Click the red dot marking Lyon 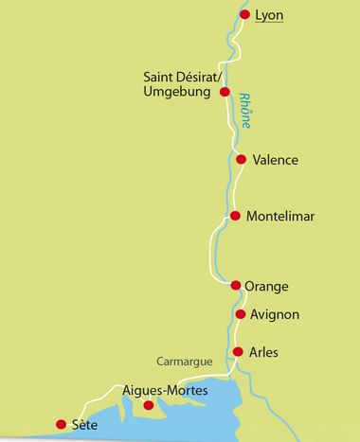coord(244,15)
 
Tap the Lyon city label coord(270,15)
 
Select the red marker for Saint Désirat coord(225,92)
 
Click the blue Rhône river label coord(248,109)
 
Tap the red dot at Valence coord(241,159)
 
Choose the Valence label coord(276,160)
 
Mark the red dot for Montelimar coord(235,216)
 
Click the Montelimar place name coord(279,217)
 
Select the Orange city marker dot coord(236,285)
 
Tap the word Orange coord(266,286)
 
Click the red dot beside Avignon coord(241,314)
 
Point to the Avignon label coord(276,314)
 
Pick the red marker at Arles coord(238,351)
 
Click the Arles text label coord(266,352)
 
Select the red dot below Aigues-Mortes coord(148,405)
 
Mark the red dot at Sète coord(62,424)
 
